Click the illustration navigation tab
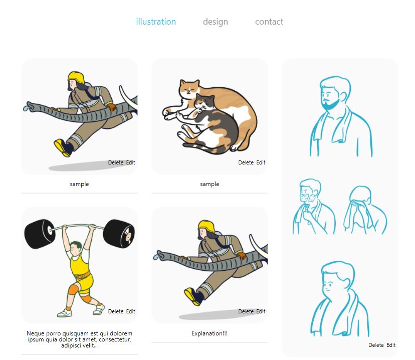coord(156,22)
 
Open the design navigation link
coord(216,22)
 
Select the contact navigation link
coord(269,22)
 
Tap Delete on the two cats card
coord(246,162)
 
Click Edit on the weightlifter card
coord(130,311)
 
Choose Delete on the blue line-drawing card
coord(376,345)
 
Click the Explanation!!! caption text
coord(210,333)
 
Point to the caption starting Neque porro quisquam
coord(79,339)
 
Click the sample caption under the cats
coord(210,184)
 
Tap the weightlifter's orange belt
coord(83,275)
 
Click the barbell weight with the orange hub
coord(119,234)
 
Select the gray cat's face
coord(204,102)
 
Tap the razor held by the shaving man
coord(307,208)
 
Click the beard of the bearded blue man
coord(331,103)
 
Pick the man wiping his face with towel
coord(365,210)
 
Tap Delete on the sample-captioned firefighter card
coord(116,162)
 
